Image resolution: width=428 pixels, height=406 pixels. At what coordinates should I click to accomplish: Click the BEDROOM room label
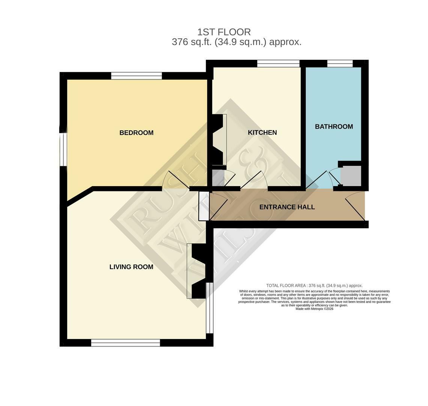[x=136, y=133]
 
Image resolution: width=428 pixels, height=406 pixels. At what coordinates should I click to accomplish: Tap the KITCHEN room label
[x=262, y=132]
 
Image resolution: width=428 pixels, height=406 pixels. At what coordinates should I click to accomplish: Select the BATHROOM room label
[x=333, y=127]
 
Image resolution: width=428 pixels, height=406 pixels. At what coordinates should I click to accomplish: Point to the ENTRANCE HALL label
[x=287, y=207]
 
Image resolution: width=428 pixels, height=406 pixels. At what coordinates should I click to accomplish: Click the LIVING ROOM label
[x=131, y=267]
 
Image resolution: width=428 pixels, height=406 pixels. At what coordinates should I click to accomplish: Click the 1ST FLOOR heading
[x=224, y=32]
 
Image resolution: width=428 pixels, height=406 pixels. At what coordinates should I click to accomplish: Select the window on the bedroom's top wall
[x=136, y=76]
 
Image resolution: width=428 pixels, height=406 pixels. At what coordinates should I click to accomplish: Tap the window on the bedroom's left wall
[x=63, y=149]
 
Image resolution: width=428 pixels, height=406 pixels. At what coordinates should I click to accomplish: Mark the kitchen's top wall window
[x=278, y=64]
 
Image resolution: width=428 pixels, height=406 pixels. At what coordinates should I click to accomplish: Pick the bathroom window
[x=339, y=64]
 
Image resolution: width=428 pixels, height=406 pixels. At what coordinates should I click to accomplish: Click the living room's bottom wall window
[x=126, y=342]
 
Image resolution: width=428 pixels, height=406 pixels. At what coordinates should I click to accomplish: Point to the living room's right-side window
[x=210, y=308]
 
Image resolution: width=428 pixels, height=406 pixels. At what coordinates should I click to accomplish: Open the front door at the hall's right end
[x=355, y=206]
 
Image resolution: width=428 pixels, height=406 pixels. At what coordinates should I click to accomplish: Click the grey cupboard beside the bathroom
[x=351, y=176]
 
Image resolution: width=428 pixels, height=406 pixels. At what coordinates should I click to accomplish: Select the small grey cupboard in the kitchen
[x=218, y=178]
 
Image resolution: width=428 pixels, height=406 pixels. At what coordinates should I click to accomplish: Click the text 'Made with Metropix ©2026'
[x=314, y=309]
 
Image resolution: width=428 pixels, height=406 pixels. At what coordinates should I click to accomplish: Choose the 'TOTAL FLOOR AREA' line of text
[x=314, y=286]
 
